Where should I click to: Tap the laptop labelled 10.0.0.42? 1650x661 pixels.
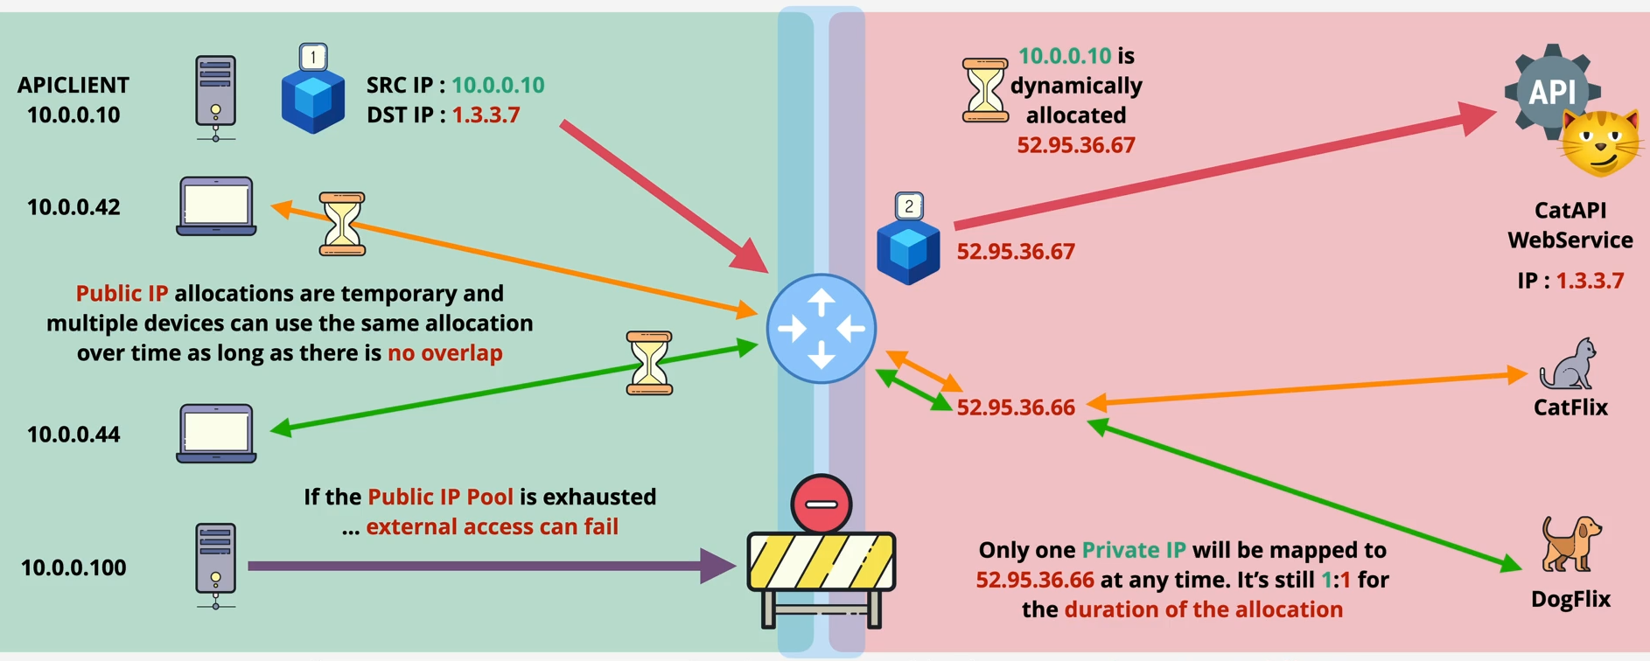point(216,206)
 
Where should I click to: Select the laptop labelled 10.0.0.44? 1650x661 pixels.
point(216,433)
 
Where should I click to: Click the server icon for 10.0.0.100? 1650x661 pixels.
point(215,564)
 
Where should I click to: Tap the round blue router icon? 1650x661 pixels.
point(821,329)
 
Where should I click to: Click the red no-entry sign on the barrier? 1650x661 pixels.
point(821,504)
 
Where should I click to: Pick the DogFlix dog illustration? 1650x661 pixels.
point(1570,544)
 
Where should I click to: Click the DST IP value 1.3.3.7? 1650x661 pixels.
point(486,115)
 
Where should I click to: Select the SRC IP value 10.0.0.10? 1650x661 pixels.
point(498,85)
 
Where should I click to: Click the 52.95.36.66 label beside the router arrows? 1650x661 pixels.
point(1016,407)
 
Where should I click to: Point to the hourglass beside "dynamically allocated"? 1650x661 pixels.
point(985,90)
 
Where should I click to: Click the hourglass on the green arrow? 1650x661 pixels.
point(649,363)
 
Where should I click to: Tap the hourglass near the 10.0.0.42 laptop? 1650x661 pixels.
point(342,224)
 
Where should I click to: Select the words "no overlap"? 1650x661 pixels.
point(445,353)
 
